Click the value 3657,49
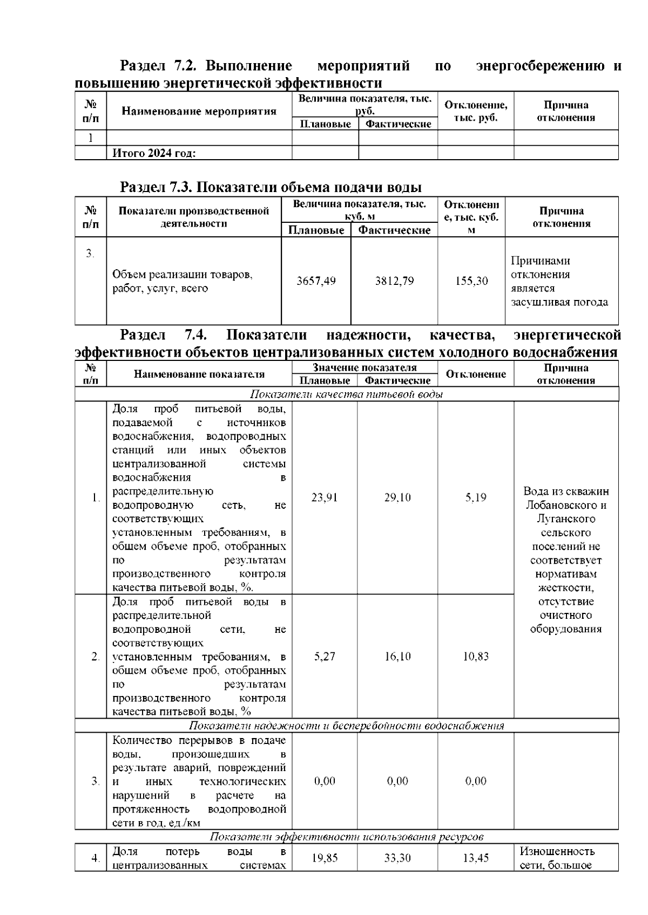click(316, 281)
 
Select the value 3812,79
click(394, 281)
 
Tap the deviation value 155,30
click(471, 281)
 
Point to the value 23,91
click(324, 497)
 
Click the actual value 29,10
click(397, 497)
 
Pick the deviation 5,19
click(476, 497)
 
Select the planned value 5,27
click(324, 657)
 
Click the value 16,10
click(397, 657)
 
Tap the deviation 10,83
click(476, 657)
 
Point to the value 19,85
click(325, 858)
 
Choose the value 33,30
click(397, 858)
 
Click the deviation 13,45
click(476, 858)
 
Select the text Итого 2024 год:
click(154, 153)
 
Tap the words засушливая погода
click(559, 302)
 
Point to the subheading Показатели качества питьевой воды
click(347, 394)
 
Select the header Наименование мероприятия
click(199, 112)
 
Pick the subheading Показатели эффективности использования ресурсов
click(346, 837)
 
